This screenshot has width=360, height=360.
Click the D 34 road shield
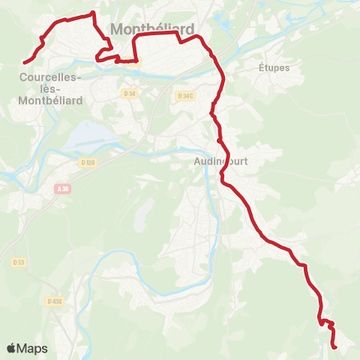pos(129,94)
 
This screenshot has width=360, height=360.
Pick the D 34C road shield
pos(186,95)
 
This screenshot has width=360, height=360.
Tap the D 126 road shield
pos(87,161)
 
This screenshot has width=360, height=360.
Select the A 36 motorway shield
pos(64,190)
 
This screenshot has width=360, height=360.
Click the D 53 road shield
pos(19,262)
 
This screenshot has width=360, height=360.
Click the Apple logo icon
pos(12,348)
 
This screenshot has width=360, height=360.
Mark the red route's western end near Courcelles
pos(25,62)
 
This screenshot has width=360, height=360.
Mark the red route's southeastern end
pos(334,346)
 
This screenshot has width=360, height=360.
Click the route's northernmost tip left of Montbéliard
pos(92,13)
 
